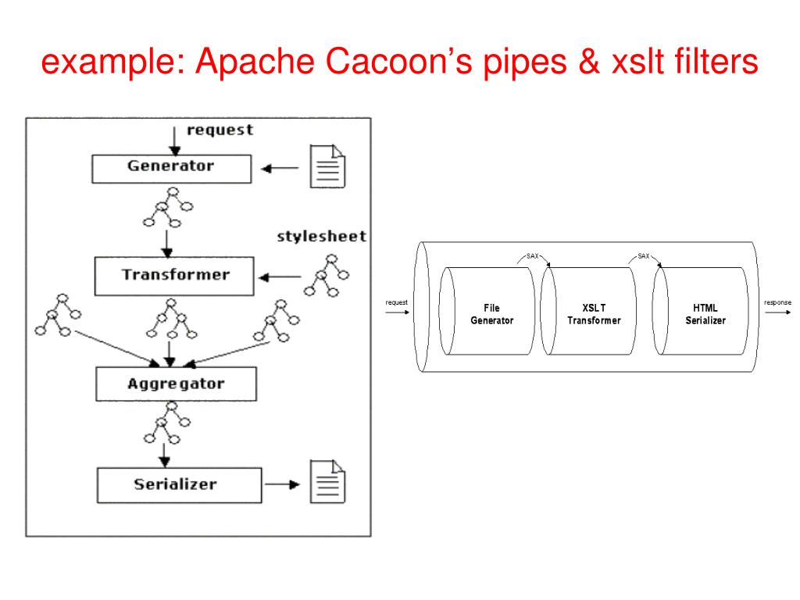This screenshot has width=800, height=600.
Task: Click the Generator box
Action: point(171,167)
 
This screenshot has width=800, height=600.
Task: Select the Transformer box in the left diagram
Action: point(175,275)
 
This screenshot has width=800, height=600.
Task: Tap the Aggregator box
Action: point(175,384)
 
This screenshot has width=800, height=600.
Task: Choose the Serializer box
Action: point(175,484)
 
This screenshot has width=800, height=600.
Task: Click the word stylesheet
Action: point(321,237)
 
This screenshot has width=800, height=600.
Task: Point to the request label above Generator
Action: point(220,130)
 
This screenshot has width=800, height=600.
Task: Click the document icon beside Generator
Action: point(328,166)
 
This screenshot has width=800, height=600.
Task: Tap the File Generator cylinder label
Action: point(491,314)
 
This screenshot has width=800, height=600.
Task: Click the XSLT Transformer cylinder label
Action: point(594,314)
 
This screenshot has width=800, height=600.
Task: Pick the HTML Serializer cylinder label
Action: point(705,314)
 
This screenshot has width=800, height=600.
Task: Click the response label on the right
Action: point(777,302)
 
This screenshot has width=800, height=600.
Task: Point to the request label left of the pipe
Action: point(397,302)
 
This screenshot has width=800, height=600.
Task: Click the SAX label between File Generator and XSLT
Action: point(531,255)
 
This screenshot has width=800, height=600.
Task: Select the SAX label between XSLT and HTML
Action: point(643,255)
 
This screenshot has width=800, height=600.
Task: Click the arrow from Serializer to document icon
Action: point(282,484)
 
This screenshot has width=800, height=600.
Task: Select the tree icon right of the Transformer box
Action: point(327,277)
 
